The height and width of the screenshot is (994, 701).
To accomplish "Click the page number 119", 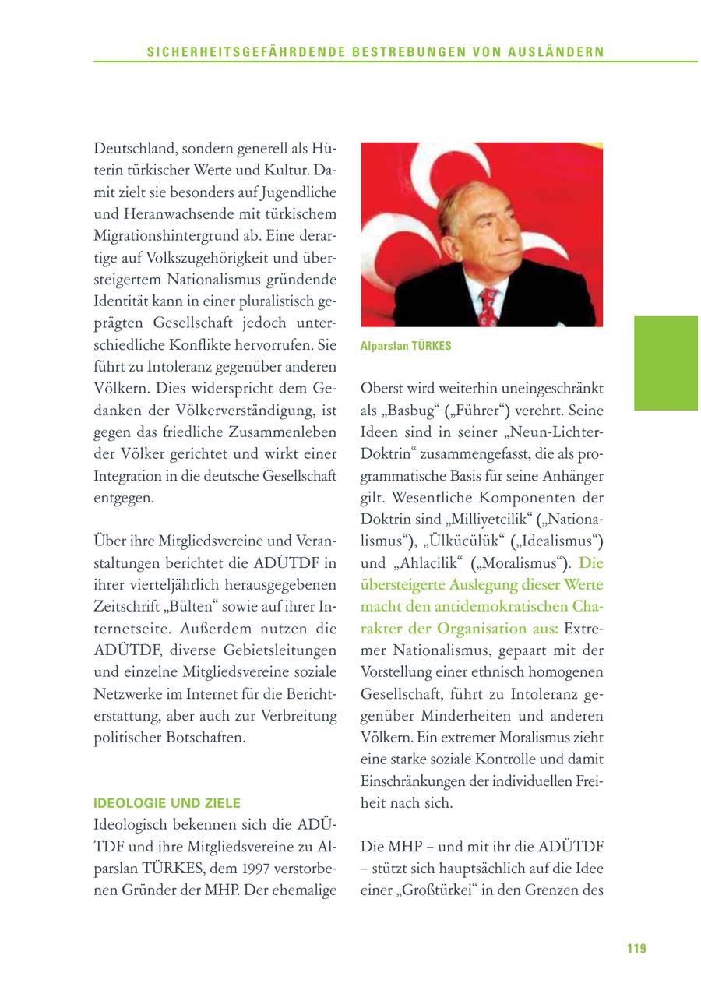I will coord(636,948).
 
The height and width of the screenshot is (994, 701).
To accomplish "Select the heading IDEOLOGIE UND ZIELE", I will coord(167,802).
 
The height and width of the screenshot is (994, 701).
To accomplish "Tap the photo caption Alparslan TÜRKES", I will coord(406,346).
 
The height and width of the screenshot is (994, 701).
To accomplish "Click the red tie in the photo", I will coord(488,305).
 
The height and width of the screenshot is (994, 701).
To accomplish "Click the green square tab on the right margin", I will coord(665,362).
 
